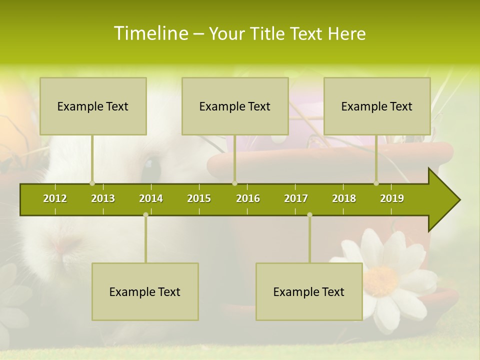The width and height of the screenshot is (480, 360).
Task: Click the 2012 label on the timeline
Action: [55, 198]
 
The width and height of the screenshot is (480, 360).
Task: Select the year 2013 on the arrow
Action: [103, 198]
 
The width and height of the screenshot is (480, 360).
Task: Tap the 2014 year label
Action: [151, 198]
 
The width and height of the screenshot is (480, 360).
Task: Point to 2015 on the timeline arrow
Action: [199, 198]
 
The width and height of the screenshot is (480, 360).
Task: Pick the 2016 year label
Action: [248, 198]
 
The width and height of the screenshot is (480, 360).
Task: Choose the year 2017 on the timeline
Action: [296, 198]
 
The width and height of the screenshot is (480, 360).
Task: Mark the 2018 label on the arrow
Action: [344, 198]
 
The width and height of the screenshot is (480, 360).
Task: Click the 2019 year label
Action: [392, 198]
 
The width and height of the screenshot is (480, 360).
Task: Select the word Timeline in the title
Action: [150, 33]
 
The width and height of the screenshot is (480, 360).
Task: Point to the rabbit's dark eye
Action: [149, 165]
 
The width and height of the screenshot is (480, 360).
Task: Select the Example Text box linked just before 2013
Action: [93, 106]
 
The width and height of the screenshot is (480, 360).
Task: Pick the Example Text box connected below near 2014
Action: [145, 291]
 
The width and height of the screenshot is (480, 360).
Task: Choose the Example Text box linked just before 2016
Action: [235, 106]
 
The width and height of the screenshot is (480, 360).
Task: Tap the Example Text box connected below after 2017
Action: [309, 291]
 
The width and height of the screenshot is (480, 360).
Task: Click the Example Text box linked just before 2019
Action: [377, 106]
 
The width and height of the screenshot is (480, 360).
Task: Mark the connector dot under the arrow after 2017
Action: [309, 215]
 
